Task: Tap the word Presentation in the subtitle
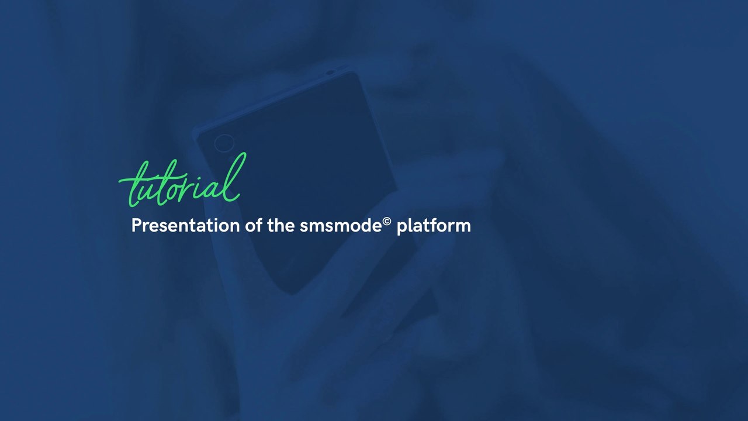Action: click(x=185, y=226)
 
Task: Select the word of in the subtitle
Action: click(x=253, y=226)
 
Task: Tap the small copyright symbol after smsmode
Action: click(x=387, y=222)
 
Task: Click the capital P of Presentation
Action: click(x=136, y=226)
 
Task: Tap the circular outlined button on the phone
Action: click(x=224, y=143)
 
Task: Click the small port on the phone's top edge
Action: click(x=331, y=73)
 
